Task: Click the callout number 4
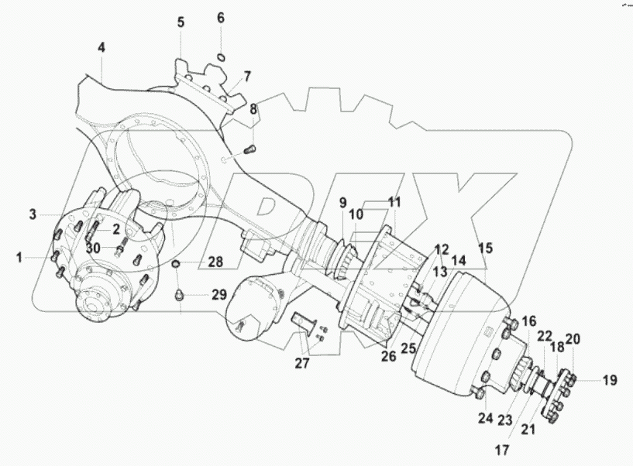click(101, 48)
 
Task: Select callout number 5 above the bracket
click(181, 22)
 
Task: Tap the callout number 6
click(220, 17)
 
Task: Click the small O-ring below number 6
click(221, 56)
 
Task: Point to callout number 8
click(253, 109)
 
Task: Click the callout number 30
click(94, 248)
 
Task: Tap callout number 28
click(215, 263)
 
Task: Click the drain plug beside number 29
click(181, 295)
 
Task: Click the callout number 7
click(247, 77)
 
